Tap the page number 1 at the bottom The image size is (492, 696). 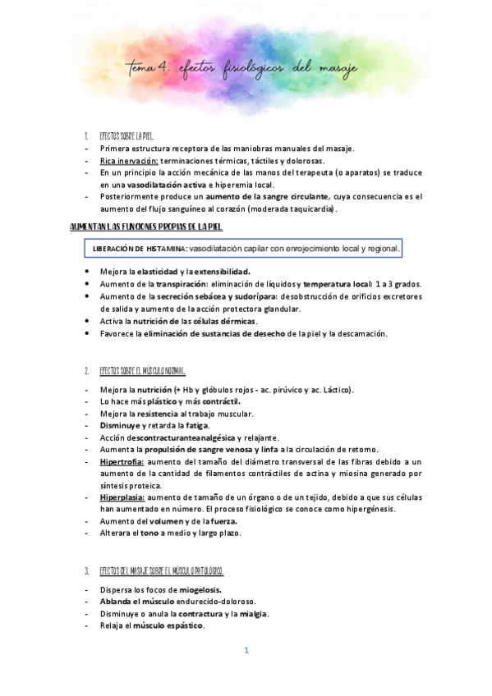(246, 651)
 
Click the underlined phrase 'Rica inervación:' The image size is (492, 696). (129, 161)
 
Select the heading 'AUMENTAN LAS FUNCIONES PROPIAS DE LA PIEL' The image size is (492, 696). (147, 227)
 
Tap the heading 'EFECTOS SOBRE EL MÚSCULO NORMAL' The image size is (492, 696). (142, 370)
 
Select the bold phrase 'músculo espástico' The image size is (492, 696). (168, 625)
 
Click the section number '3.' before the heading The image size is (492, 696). (87, 570)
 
